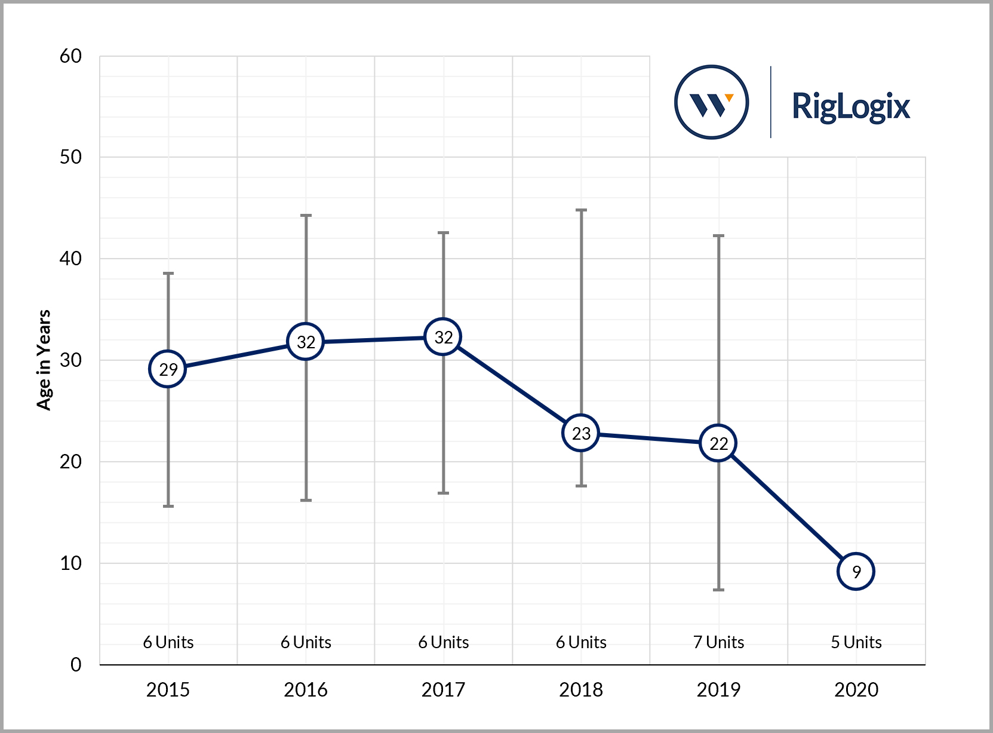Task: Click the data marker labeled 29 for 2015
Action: [168, 369]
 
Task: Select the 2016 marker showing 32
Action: [306, 342]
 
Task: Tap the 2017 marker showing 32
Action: [443, 337]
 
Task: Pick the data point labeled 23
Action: [581, 433]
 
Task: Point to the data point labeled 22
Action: [718, 443]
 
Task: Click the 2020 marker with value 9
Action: [856, 572]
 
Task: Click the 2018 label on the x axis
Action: [581, 690]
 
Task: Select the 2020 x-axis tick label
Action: [856, 690]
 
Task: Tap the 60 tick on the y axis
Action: [70, 56]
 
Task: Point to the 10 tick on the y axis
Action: [70, 563]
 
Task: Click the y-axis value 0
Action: [76, 664]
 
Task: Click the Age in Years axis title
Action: [44, 360]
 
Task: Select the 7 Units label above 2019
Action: [718, 642]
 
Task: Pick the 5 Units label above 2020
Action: [856, 642]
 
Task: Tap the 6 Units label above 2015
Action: [168, 642]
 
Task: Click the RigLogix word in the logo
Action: [850, 106]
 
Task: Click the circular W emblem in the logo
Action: [711, 102]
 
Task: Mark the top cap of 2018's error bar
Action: [581, 210]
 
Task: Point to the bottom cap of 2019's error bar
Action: [718, 590]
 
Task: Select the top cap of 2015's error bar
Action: [168, 274]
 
